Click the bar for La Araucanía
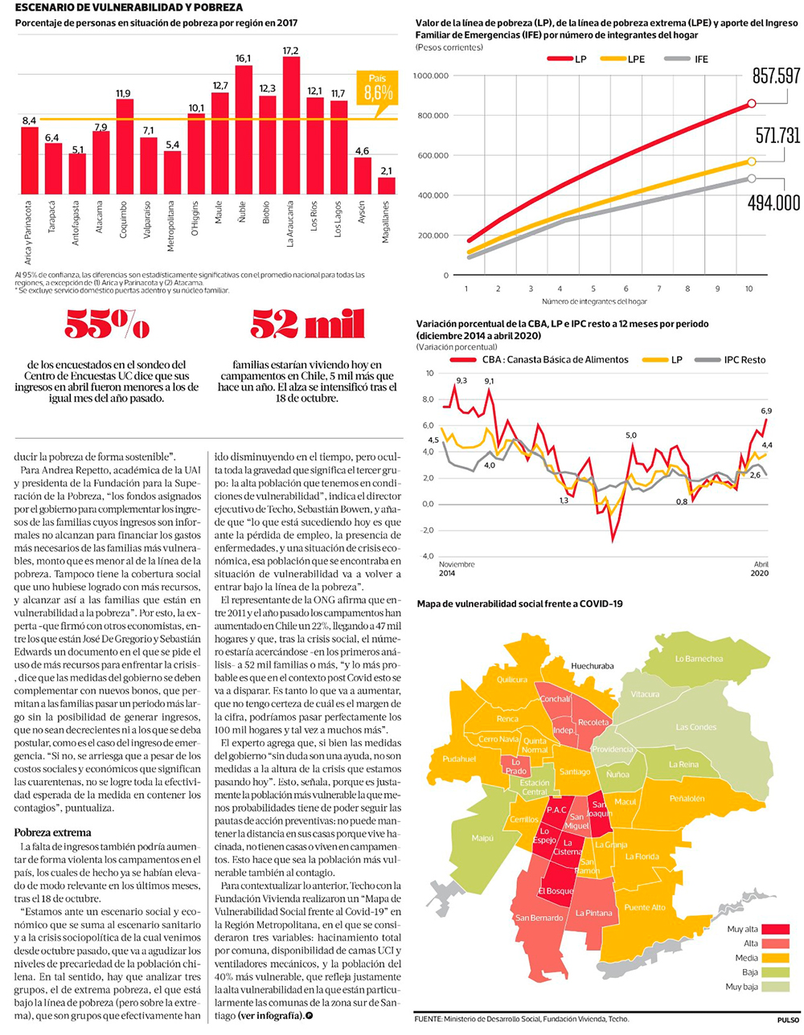click(x=291, y=125)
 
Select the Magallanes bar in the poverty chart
click(x=387, y=186)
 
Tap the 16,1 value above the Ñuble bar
click(x=243, y=59)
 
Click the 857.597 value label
click(x=776, y=76)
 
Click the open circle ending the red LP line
click(x=751, y=103)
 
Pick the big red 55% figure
click(x=107, y=325)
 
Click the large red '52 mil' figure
click(x=307, y=325)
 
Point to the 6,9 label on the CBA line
click(x=765, y=411)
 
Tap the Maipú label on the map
click(x=482, y=838)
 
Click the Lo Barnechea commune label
click(x=698, y=659)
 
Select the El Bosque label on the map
click(x=556, y=891)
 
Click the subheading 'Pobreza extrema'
click(x=53, y=832)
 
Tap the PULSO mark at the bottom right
click(x=788, y=1020)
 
